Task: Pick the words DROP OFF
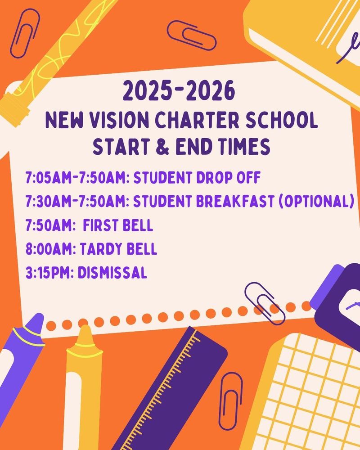pos(229,178)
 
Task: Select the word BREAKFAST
pos(235,201)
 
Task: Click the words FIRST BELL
pos(118,225)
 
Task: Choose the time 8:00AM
pos(50,249)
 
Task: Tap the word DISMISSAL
pos(112,273)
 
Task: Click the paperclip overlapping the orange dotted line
pos(265,303)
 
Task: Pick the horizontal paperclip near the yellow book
pos(192,35)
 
